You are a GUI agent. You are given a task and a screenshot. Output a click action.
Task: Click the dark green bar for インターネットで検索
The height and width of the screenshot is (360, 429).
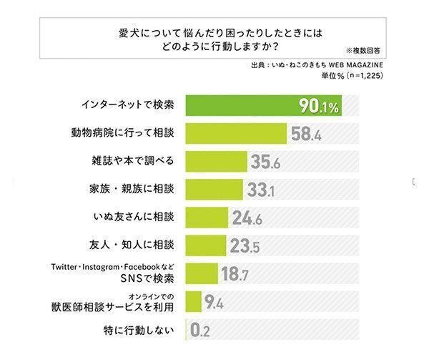[x=243, y=105]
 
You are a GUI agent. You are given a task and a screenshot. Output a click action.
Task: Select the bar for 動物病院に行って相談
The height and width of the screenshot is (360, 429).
[x=237, y=133]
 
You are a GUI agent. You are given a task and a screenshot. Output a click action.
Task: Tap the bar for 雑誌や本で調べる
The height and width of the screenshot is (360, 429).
[x=217, y=161]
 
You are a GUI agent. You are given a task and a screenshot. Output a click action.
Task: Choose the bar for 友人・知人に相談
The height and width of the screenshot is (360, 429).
[x=207, y=245]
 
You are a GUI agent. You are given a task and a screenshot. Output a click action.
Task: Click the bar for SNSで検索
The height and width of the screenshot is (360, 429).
[x=202, y=273]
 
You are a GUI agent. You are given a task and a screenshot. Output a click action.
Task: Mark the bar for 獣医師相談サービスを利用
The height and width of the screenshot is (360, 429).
[x=194, y=301]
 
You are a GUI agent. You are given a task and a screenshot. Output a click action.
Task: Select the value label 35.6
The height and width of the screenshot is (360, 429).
[x=268, y=162]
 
